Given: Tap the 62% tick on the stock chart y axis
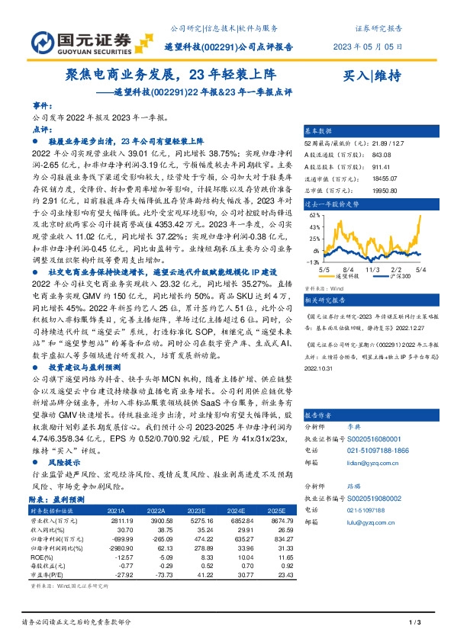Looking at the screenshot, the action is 314,217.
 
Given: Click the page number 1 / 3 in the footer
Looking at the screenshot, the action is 415,624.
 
